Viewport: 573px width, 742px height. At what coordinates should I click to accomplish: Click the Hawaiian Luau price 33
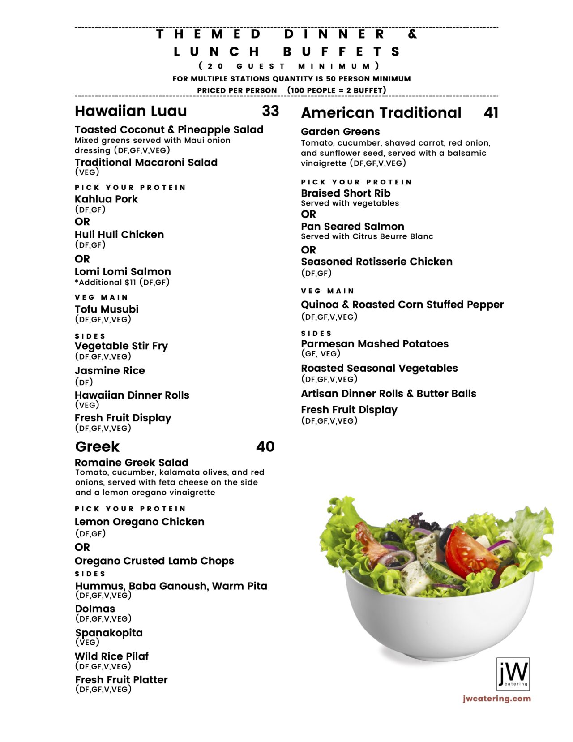coord(270,111)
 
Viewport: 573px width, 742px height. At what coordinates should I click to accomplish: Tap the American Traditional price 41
coord(491,112)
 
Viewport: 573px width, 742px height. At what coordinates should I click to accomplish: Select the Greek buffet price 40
coord(265,446)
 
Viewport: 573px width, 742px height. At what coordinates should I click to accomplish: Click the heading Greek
coord(97,446)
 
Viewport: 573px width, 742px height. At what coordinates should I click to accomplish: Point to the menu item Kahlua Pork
coord(106,199)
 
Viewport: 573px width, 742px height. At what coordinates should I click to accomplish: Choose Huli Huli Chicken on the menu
coord(119,234)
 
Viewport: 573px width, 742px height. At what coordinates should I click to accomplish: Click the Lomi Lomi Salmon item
coord(123,271)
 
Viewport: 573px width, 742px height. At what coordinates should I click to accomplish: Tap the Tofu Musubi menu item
coord(107,309)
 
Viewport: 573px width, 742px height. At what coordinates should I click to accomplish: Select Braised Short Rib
coord(346,193)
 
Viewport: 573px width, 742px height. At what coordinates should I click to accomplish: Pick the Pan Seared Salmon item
coord(352,226)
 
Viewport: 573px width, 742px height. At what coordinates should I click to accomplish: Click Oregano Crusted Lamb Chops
coord(154,561)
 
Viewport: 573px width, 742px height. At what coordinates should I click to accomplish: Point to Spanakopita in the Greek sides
coord(109,632)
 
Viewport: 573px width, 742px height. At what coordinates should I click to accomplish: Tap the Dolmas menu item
coord(95,609)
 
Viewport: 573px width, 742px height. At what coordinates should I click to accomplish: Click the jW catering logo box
coord(513,674)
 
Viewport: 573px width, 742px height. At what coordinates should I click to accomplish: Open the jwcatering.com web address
coord(497,698)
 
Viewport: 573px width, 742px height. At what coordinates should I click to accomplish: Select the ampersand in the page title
coord(412,34)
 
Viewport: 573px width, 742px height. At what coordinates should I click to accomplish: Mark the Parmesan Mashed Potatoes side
coord(374,343)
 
